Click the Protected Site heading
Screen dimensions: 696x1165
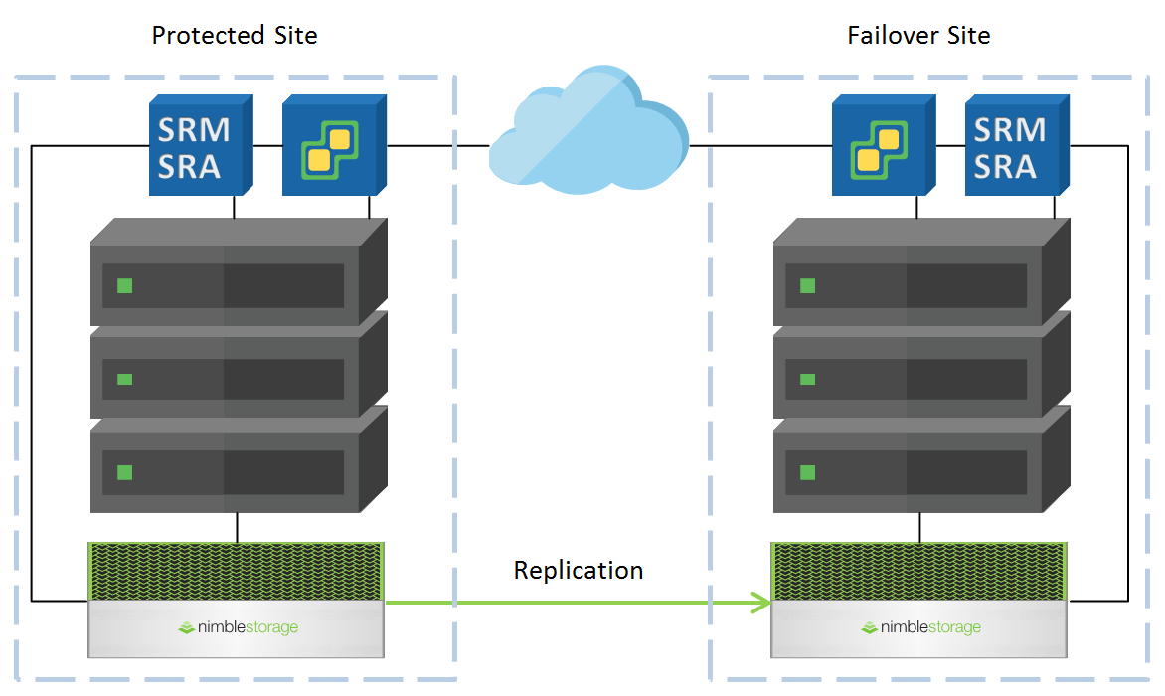pyautogui.click(x=235, y=36)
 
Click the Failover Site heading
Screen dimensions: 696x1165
pyautogui.click(x=918, y=36)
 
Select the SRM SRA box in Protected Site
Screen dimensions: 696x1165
pyautogui.click(x=196, y=147)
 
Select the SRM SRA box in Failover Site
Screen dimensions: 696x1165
pyautogui.click(x=1011, y=147)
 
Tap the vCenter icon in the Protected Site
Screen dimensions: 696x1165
pyautogui.click(x=330, y=147)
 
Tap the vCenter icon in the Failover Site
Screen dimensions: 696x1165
pyautogui.click(x=877, y=147)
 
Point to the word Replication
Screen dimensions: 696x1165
pyautogui.click(x=578, y=570)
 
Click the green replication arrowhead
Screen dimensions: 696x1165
pyautogui.click(x=762, y=602)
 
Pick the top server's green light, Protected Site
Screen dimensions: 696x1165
pyautogui.click(x=124, y=286)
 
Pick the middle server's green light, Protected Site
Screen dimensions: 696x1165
pyautogui.click(x=124, y=379)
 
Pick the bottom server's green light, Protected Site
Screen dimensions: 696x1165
pyautogui.click(x=124, y=471)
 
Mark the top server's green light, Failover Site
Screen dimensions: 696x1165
pyautogui.click(x=807, y=286)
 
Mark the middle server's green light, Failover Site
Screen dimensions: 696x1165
pyautogui.click(x=807, y=379)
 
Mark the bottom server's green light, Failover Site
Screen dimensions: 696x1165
pyautogui.click(x=807, y=471)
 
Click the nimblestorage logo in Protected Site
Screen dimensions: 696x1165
pyautogui.click(x=238, y=627)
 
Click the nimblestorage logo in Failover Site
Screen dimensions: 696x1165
pyautogui.click(x=920, y=627)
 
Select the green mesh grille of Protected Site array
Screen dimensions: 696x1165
pyautogui.click(x=236, y=571)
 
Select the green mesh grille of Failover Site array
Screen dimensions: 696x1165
pyautogui.click(x=918, y=571)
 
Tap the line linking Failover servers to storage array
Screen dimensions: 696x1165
pyautogui.click(x=919, y=527)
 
